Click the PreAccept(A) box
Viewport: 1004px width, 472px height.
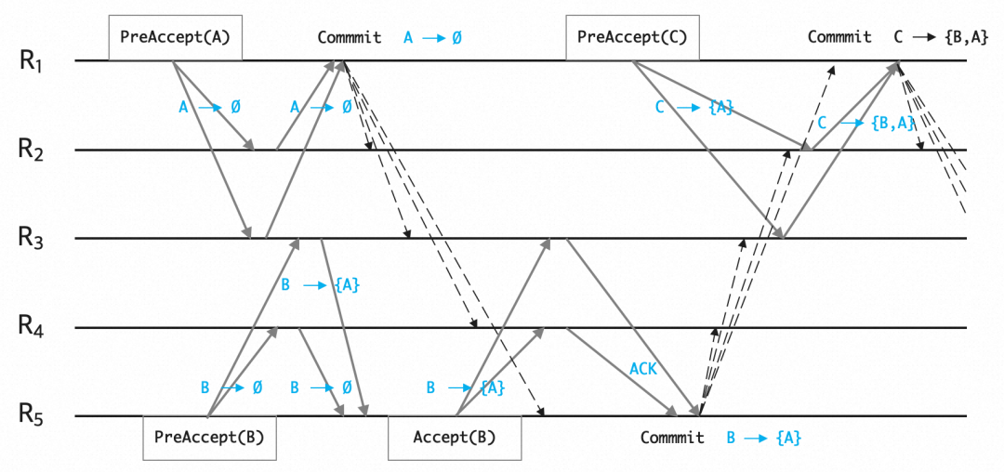[x=176, y=37]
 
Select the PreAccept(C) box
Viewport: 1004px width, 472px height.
[x=632, y=37]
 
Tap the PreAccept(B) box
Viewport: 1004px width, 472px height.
[x=209, y=438]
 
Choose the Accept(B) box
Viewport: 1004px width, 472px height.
[x=455, y=438]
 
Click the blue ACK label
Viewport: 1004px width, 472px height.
[x=644, y=369]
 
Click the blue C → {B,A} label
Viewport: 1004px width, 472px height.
[x=862, y=123]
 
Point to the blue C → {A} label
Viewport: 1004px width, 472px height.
[x=694, y=108]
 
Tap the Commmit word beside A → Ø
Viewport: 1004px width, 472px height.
[x=349, y=38]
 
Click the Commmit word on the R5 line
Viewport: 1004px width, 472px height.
[x=672, y=438]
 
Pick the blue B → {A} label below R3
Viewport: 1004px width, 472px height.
[x=320, y=285]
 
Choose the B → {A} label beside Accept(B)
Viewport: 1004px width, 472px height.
[x=465, y=388]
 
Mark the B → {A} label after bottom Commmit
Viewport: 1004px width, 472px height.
[x=763, y=438]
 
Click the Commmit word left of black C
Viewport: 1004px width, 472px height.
[x=839, y=38]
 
